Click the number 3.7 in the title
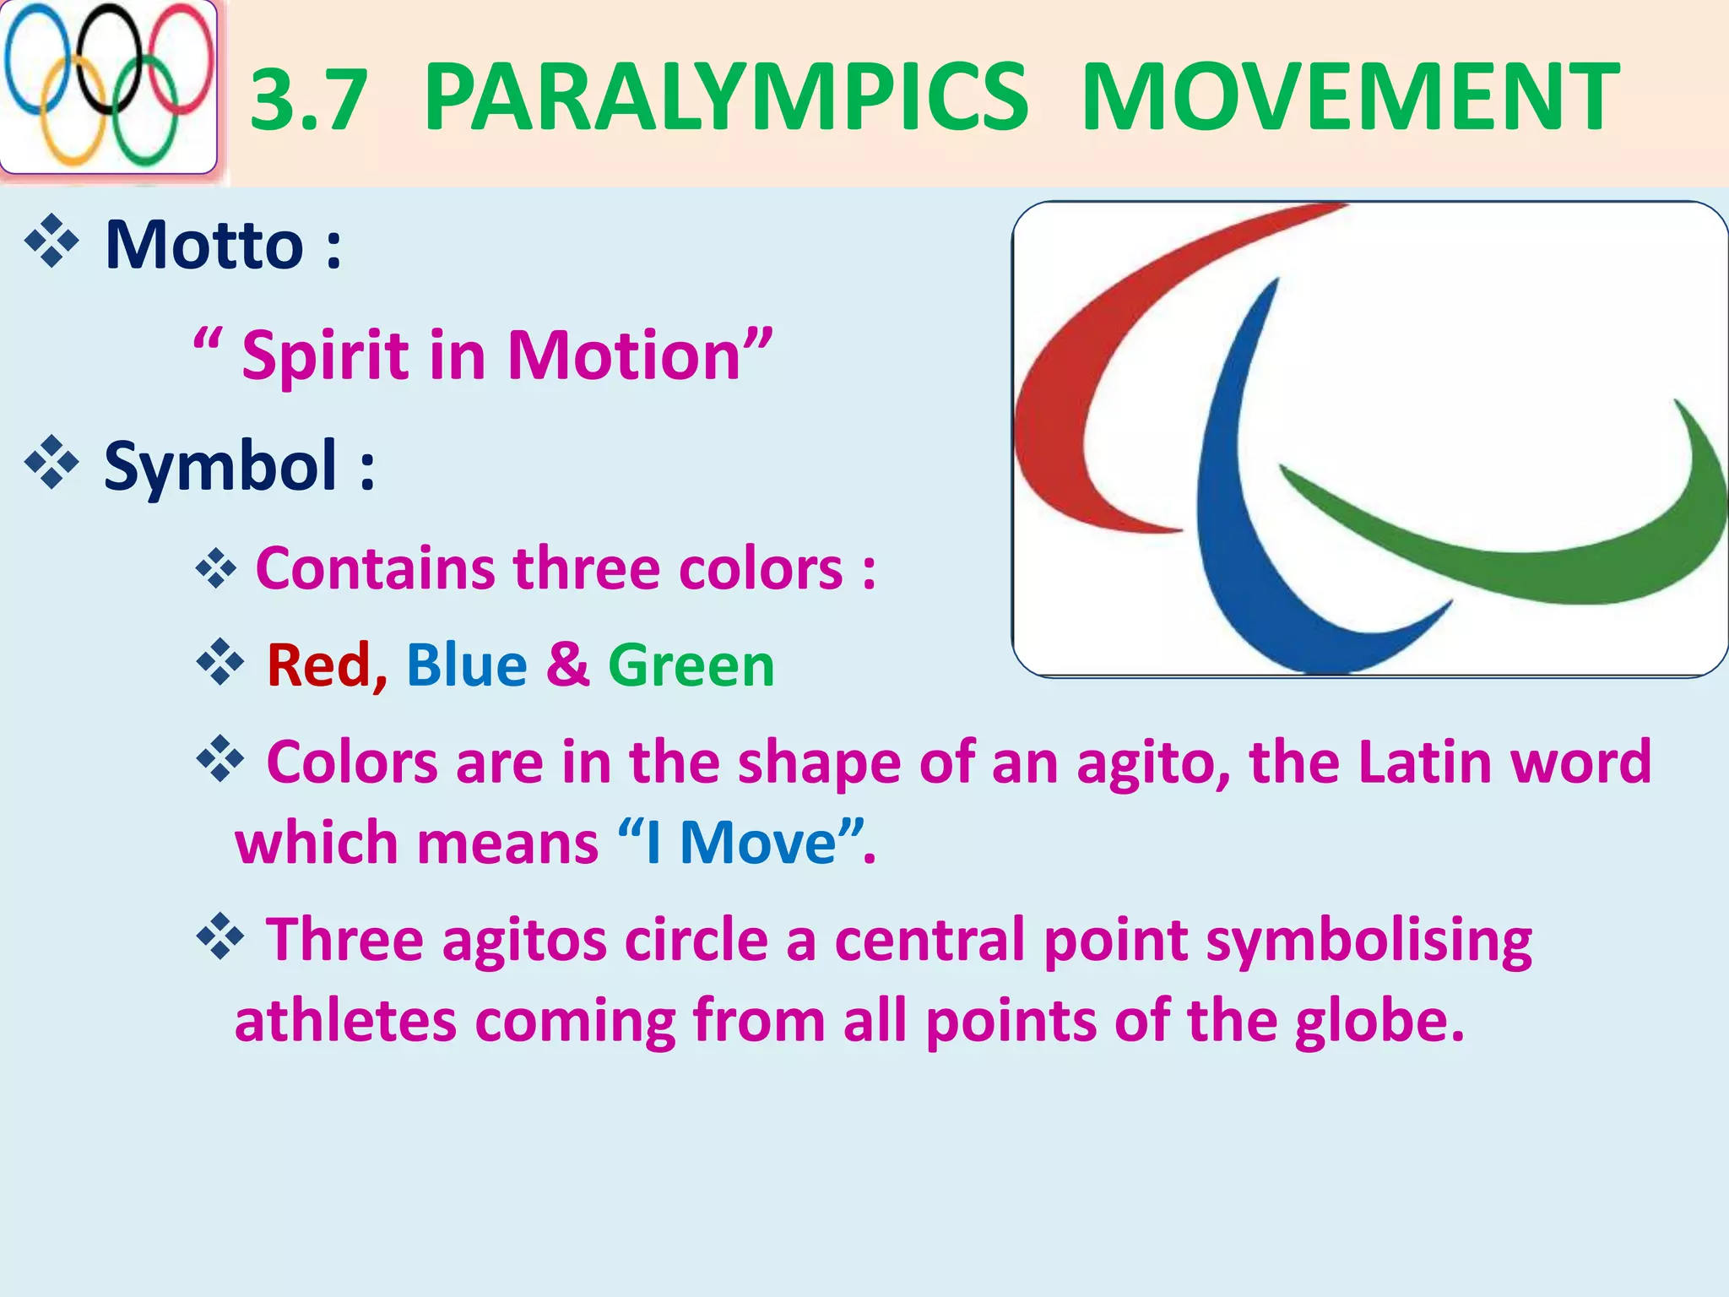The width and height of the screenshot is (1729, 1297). (309, 100)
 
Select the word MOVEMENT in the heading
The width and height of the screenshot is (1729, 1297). (1349, 97)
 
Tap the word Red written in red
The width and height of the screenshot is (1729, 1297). (318, 665)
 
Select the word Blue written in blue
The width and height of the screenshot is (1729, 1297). (466, 665)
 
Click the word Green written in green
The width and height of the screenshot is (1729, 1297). (691, 665)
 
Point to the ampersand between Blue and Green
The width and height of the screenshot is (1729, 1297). (567, 665)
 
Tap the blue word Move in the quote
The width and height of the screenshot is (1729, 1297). (757, 844)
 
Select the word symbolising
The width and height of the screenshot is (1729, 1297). (1368, 941)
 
